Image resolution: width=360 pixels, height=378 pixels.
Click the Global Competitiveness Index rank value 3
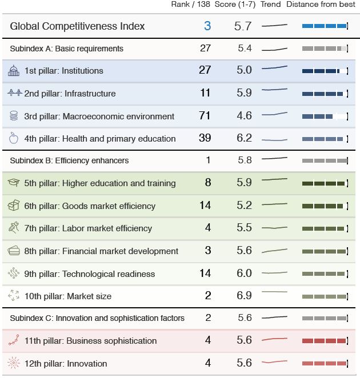tap(207, 26)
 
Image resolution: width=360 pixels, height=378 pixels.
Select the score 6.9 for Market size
tap(244, 296)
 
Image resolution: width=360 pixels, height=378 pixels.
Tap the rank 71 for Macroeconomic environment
tap(205, 116)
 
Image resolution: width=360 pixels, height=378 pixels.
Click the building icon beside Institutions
tap(14, 71)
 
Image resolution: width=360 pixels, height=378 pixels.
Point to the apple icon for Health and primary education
tap(14, 138)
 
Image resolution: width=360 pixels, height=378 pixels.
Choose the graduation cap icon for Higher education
tap(14, 183)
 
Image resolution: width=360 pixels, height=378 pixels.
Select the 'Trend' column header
tap(270, 5)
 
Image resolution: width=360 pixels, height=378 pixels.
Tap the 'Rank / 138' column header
tap(191, 5)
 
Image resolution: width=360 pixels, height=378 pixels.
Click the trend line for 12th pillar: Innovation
tap(274, 362)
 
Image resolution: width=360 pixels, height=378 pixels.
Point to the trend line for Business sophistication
tap(274, 340)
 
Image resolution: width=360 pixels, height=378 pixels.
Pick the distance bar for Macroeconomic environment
tap(324, 116)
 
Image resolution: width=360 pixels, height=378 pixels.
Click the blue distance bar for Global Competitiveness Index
tap(324, 26)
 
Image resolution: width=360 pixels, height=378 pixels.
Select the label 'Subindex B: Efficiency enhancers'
tap(69, 160)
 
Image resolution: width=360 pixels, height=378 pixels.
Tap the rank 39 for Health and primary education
tap(205, 138)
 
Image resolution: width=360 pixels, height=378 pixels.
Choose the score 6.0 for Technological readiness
tap(244, 274)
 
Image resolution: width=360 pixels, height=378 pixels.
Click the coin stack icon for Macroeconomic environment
tap(14, 116)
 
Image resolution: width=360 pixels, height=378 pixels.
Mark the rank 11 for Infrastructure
tap(205, 93)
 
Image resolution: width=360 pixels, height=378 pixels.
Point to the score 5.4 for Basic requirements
tap(245, 48)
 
